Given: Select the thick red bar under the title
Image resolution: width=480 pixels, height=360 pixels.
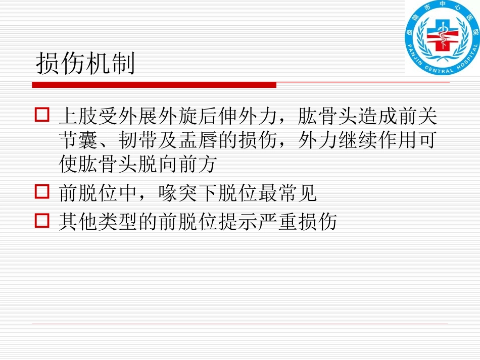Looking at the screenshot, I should pyautogui.click(x=154, y=85).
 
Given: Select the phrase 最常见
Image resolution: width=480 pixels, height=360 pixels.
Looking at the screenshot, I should pyautogui.click(x=293, y=193).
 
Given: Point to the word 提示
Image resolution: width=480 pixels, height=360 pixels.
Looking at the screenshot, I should pyautogui.click(x=236, y=221).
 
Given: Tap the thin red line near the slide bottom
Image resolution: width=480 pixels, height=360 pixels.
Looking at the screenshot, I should pyautogui.click(x=240, y=324).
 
